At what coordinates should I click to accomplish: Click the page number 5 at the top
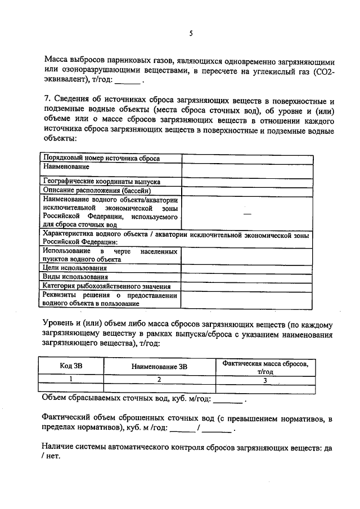pyautogui.click(x=190, y=34)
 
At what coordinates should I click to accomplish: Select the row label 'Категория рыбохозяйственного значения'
pyautogui.click(x=106, y=286)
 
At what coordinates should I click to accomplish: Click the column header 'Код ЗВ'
pyautogui.click(x=71, y=366)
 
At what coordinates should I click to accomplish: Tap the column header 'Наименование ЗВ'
pyautogui.click(x=159, y=366)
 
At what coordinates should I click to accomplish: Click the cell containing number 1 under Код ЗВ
pyautogui.click(x=71, y=380)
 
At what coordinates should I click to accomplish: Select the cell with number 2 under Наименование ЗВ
pyautogui.click(x=159, y=380)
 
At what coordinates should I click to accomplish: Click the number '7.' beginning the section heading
pyautogui.click(x=47, y=101)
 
